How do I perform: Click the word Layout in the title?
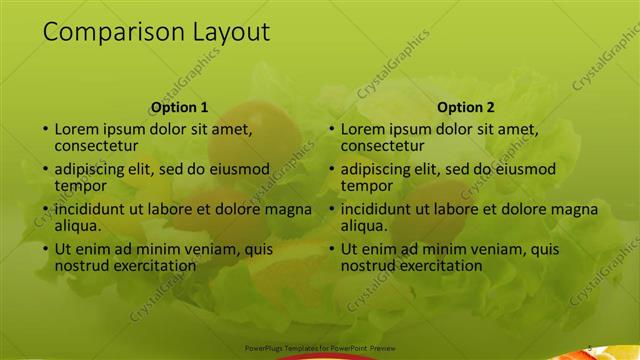coord(231,33)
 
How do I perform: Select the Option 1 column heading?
coord(179,107)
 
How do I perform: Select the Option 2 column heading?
coord(466,107)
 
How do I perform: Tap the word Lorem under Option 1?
coord(77,129)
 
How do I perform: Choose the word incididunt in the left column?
coord(98,209)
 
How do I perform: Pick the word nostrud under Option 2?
coord(369,266)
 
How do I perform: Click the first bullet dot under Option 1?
coord(44,130)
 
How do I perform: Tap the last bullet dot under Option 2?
coord(331,250)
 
